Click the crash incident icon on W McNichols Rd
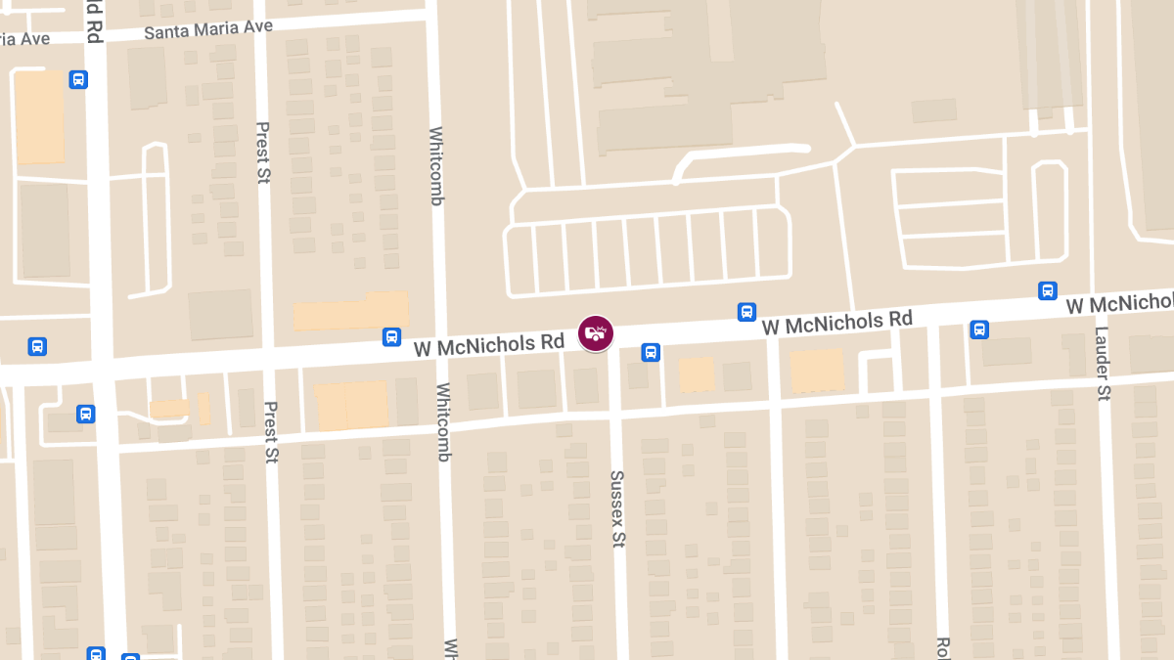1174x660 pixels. pos(595,333)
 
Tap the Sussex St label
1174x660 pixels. pos(617,508)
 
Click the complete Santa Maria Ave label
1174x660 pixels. pos(207,29)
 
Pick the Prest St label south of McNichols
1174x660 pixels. pos(271,431)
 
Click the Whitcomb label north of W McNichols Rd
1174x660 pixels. pos(436,166)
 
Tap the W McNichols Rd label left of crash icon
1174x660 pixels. pos(489,345)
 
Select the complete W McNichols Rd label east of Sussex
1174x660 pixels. pos(836,322)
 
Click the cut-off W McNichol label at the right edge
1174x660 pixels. pos(1119,304)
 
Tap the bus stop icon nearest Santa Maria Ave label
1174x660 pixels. pos(78,80)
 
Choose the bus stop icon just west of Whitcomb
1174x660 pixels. pos(391,337)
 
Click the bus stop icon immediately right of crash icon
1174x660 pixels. pos(651,352)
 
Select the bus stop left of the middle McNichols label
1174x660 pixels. pos(746,312)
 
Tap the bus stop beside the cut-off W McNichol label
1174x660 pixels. pos(1048,291)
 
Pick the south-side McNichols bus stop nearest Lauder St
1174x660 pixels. pos(979,330)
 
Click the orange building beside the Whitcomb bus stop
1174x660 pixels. pos(349,310)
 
